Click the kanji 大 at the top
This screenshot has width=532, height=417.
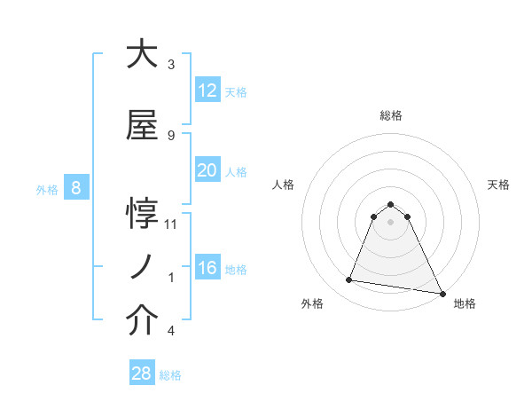(x=142, y=55)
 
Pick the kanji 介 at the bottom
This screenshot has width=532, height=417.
(x=142, y=321)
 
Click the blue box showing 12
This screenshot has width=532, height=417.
(x=207, y=90)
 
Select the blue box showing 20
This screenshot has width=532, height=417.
(x=207, y=170)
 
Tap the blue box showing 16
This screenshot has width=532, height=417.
(x=207, y=268)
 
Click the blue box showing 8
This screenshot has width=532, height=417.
(x=76, y=188)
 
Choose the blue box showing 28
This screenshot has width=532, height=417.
(x=141, y=374)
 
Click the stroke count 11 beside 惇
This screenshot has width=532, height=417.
(x=171, y=224)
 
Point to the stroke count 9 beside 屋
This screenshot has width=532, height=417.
(x=171, y=136)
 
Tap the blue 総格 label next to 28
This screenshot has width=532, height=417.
(x=170, y=375)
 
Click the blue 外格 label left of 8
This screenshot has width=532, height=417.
(x=47, y=189)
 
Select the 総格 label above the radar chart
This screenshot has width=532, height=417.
(x=390, y=115)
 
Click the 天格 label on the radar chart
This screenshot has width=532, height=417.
(x=498, y=185)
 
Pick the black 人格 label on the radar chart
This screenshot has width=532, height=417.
(x=283, y=185)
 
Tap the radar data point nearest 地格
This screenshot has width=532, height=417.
(x=442, y=293)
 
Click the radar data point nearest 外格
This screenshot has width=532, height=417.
(x=349, y=280)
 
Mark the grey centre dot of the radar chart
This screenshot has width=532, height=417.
(x=390, y=222)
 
